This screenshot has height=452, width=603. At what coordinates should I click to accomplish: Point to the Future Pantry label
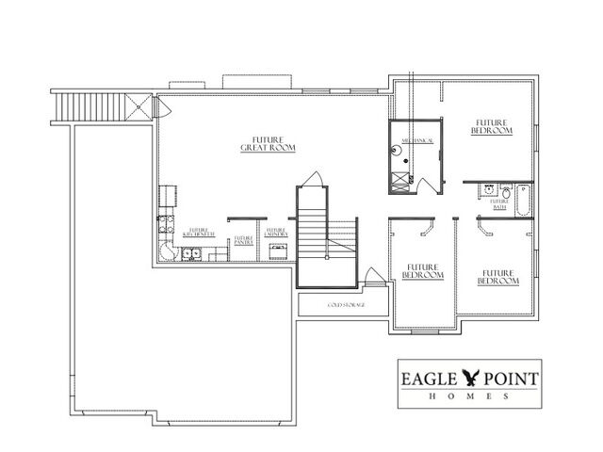pos(244,241)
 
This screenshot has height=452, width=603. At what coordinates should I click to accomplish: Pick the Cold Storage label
pos(346,306)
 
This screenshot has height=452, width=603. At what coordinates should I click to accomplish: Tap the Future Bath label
pos(499,201)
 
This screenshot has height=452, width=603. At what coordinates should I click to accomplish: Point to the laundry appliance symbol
pos(278,250)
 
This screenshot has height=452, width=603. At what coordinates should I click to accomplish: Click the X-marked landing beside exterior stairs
pos(138,105)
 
